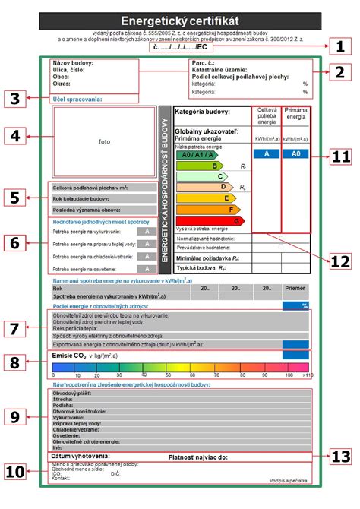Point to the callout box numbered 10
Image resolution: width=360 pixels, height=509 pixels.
pyautogui.click(x=17, y=471)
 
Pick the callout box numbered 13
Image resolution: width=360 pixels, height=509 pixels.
pyautogui.click(x=340, y=456)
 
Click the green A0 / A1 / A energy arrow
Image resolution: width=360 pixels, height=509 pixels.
pyautogui.click(x=193, y=154)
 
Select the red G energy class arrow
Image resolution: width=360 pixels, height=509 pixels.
pyautogui.click(x=212, y=220)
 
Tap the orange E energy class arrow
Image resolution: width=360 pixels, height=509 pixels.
pyautogui.click(x=205, y=197)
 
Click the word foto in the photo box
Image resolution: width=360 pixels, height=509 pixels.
pyautogui.click(x=104, y=141)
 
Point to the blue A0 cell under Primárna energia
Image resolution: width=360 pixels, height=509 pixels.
pyautogui.click(x=295, y=153)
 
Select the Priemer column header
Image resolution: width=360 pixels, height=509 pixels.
pyautogui.click(x=295, y=288)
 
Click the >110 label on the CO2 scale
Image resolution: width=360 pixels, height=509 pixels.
pyautogui.click(x=307, y=375)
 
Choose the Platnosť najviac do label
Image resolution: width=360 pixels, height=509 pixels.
pyautogui.click(x=197, y=457)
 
